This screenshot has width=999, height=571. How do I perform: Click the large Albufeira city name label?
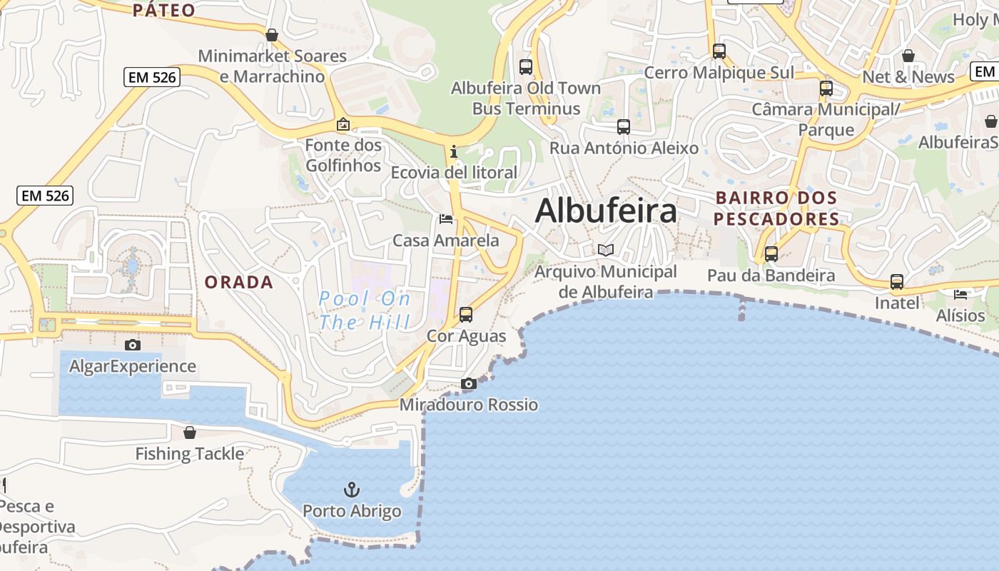606,211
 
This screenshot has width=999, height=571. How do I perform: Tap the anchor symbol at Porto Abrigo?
351,490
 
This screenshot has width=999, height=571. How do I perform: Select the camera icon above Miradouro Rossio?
469,384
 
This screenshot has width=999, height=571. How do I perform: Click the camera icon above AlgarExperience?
133,345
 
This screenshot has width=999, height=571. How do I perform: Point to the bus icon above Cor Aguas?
466,314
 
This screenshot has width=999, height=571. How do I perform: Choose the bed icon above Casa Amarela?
446,218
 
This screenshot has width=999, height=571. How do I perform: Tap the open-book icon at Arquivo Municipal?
606,250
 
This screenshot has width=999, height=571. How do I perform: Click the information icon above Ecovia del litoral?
453,151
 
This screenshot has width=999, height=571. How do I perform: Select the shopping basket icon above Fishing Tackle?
190,433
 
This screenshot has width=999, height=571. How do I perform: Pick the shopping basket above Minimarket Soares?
272,34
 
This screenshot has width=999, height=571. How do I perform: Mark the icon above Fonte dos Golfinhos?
343,124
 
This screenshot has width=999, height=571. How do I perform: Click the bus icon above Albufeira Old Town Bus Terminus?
526,67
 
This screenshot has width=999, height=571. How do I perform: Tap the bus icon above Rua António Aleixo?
624,127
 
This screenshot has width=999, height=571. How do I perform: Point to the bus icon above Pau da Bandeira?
771,254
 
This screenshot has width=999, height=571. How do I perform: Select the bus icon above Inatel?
897,282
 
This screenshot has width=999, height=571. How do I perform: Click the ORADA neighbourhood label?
239,282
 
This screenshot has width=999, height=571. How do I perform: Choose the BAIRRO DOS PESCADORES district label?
776,208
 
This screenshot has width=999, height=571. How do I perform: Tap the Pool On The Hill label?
365,310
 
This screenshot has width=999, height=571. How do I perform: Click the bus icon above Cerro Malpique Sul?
719,51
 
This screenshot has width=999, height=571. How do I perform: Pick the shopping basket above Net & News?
908,56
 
